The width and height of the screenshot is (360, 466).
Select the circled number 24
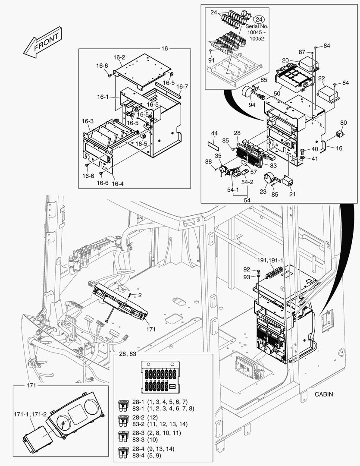259,20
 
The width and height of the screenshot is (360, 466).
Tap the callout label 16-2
119,57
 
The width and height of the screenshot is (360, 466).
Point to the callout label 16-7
182,86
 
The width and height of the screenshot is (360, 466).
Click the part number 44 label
214,134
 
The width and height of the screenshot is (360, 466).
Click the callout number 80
343,123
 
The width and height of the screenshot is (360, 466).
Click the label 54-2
247,183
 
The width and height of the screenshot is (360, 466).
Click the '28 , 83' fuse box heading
127,354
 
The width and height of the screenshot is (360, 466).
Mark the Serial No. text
257,27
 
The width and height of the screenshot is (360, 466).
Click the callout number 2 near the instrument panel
140,294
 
